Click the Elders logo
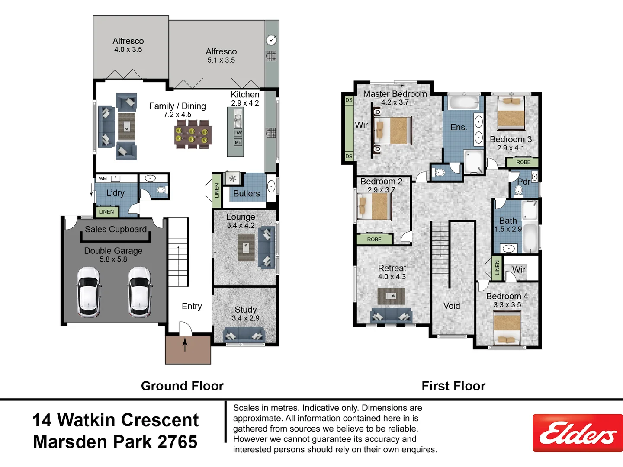pyautogui.click(x=578, y=433)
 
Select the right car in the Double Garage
pyautogui.click(x=140, y=292)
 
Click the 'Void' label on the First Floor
pyautogui.click(x=452, y=306)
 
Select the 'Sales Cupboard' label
pyautogui.click(x=116, y=230)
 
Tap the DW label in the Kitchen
pyautogui.click(x=238, y=133)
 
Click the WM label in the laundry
pyautogui.click(x=103, y=179)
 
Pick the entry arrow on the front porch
pyautogui.click(x=185, y=345)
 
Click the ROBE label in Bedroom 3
pyautogui.click(x=523, y=163)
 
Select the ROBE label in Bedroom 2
pyautogui.click(x=374, y=240)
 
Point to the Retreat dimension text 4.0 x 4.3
pyautogui.click(x=392, y=277)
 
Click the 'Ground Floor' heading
pyautogui.click(x=182, y=386)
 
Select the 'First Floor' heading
pyautogui.click(x=453, y=386)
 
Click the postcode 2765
pyautogui.click(x=177, y=442)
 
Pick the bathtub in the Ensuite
pyautogui.click(x=463, y=102)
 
